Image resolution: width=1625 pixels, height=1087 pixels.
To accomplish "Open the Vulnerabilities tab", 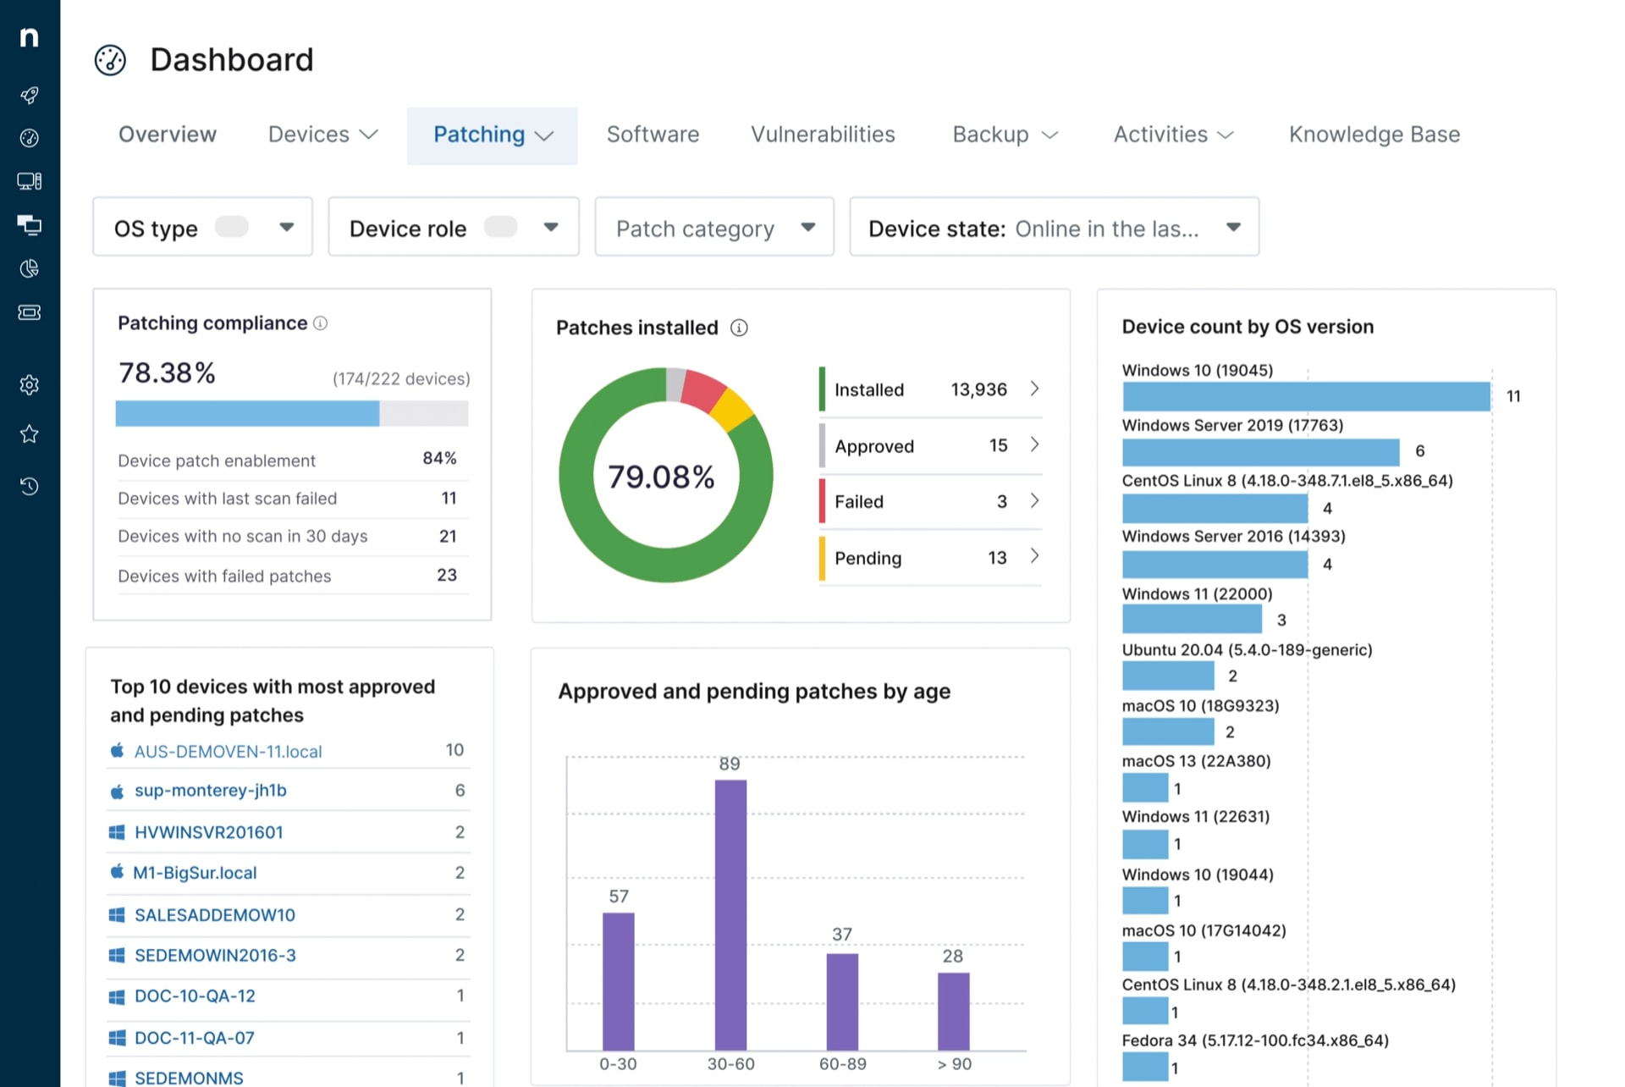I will coord(822,135).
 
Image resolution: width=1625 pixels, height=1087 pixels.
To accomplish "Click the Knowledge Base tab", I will coord(1374,135).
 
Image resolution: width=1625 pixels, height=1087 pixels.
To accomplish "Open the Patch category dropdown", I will coord(714,228).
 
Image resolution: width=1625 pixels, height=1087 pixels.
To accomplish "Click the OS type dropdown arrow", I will coord(286,227).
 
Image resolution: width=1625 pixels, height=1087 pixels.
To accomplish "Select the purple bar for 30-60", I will coord(730,914).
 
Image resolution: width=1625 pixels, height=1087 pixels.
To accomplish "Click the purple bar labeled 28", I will coord(953,1011).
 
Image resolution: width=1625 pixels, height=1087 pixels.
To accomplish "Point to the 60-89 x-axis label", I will coord(842,1064).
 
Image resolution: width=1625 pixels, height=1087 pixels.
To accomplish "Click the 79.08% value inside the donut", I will coord(661,477).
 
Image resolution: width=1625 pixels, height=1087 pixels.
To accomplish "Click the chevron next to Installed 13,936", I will coord(1034,389).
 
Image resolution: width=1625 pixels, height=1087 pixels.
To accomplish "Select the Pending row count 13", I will coord(997,558).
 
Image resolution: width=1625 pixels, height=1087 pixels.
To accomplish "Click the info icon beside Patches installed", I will coord(739,328).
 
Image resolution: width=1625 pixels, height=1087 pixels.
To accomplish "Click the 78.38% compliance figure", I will coord(167,372).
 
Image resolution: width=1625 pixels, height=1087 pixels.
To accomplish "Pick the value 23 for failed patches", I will coord(446,576).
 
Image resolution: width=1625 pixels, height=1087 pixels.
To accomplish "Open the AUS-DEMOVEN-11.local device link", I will coord(228,752).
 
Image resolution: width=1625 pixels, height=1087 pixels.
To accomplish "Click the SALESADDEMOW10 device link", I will coord(214,915).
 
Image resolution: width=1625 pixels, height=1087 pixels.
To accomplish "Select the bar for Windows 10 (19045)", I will coord(1305,396).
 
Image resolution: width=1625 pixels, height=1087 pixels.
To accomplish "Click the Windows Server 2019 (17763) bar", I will coord(1260,452).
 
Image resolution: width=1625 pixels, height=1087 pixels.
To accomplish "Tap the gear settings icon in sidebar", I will coord(30,385).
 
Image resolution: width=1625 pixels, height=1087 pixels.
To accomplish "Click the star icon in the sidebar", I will coord(30,434).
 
